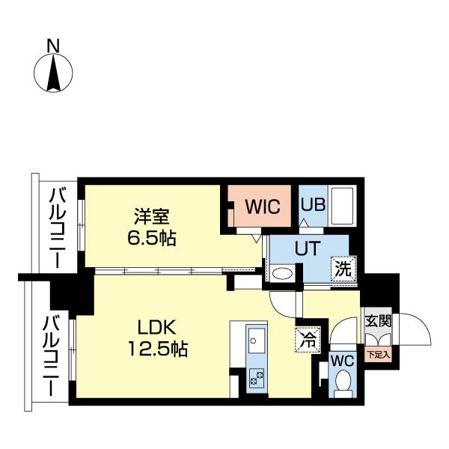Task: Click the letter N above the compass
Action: [53, 46]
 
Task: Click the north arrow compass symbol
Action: [53, 73]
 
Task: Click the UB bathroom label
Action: [311, 204]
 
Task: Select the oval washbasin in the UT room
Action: [282, 274]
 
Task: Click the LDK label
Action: [156, 327]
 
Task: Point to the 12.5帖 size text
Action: [156, 349]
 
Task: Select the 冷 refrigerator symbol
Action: [305, 338]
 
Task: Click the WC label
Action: [341, 358]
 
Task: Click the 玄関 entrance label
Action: [377, 321]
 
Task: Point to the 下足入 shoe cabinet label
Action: [377, 355]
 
